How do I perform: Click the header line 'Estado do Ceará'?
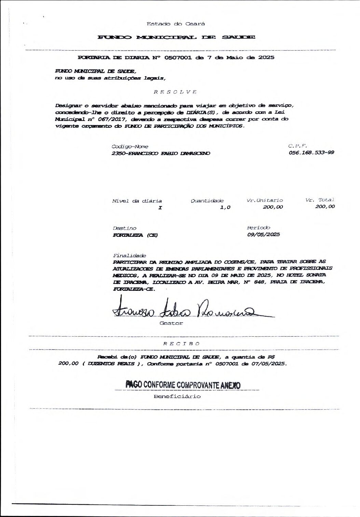point(176,24)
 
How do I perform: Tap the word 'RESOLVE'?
point(175,92)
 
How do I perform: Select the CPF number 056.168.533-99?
point(311,152)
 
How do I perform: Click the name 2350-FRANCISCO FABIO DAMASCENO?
point(161,153)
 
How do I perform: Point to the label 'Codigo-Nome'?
point(130,146)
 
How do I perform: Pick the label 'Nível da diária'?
point(137,201)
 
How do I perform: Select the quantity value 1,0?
point(225,207)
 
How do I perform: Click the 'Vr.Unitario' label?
point(265,200)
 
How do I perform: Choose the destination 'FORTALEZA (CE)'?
point(136,235)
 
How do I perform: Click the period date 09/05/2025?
point(263,234)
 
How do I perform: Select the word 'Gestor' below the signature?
point(171,323)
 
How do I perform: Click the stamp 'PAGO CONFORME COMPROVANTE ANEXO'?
point(183,385)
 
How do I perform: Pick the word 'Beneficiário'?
point(177,396)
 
